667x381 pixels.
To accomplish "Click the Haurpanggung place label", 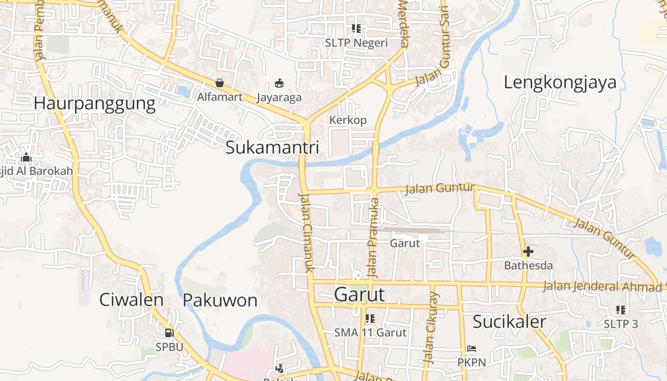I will point(95,104).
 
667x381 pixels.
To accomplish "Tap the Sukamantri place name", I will point(272,148).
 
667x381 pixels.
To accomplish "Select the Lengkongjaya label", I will point(560,82).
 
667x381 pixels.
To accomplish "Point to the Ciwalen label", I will point(131,300).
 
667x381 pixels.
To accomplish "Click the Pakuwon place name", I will point(220,300).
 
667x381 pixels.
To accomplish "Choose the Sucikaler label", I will point(509,322).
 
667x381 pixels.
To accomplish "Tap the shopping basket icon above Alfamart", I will point(220,83).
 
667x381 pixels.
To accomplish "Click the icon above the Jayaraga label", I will point(279,83).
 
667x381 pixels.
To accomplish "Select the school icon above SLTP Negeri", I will point(356,29).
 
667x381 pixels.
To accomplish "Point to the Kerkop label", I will point(348,120).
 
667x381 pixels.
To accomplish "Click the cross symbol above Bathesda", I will point(528,251).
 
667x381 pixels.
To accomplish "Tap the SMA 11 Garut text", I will point(370,332).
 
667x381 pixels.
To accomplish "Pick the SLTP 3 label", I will point(621,324).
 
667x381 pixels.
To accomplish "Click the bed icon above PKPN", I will point(472,349).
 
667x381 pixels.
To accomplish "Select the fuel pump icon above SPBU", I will point(169,333).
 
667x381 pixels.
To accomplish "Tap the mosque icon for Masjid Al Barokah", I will point(26,157).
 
